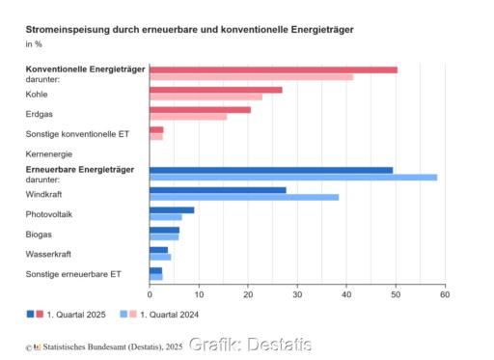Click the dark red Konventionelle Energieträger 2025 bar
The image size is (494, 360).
click(273, 69)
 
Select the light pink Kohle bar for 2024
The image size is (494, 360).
click(206, 97)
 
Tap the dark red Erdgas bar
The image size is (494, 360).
click(200, 109)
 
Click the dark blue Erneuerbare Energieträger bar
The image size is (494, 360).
click(271, 170)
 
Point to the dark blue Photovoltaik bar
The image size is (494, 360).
click(172, 209)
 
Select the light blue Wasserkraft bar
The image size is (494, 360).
click(160, 257)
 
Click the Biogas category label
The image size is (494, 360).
click(39, 234)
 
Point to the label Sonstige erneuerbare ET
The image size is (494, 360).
click(72, 274)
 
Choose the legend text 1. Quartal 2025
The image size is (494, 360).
click(77, 316)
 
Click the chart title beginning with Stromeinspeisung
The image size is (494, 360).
click(189, 29)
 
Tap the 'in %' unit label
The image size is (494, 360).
click(34, 44)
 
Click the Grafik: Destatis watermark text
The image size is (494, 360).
click(250, 345)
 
